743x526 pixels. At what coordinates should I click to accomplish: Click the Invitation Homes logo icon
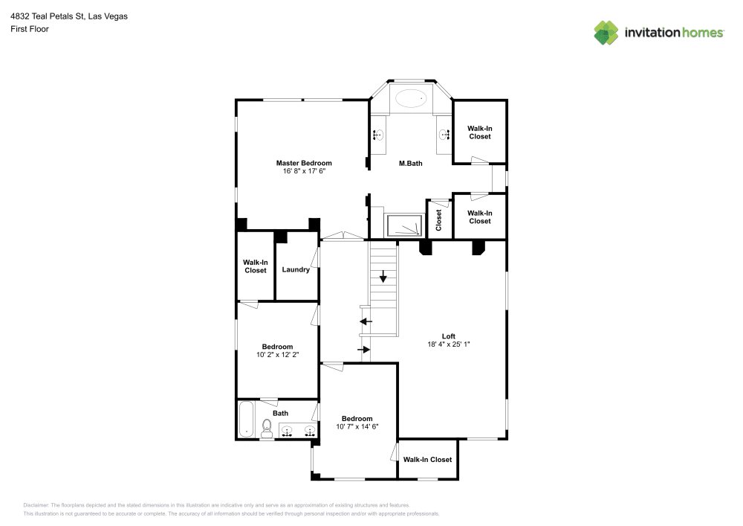tap(607, 32)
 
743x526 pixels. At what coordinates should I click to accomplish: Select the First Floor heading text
tap(30, 29)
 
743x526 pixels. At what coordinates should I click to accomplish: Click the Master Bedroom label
tap(304, 163)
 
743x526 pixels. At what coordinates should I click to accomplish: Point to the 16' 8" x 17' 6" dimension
tap(304, 171)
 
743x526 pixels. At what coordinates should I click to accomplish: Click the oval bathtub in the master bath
tap(411, 97)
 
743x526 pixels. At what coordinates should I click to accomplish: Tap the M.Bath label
tap(410, 164)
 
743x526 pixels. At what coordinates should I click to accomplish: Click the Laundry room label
tap(296, 269)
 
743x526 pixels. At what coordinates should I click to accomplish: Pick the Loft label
tap(449, 336)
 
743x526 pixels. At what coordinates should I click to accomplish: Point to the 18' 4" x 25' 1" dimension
tap(449, 344)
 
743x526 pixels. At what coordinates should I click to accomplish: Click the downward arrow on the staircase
tap(383, 277)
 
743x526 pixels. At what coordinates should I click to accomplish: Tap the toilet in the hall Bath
tap(266, 428)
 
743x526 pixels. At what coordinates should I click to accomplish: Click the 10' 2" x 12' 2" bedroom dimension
tap(277, 355)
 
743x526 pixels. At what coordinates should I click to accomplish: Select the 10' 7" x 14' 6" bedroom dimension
tap(357, 427)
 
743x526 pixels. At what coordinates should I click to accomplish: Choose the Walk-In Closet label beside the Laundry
tap(256, 266)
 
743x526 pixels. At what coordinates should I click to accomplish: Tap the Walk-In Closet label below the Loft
tap(427, 460)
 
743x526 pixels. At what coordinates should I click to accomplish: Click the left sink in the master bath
tap(377, 135)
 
